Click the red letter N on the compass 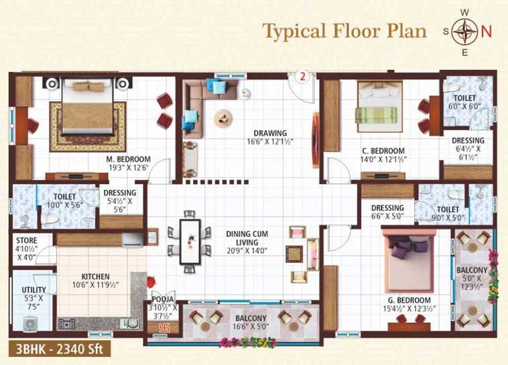pyautogui.click(x=486, y=32)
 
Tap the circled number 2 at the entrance pyautogui.click(x=303, y=76)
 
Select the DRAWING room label pyautogui.click(x=270, y=133)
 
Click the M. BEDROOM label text pyautogui.click(x=128, y=159)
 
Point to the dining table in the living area pyautogui.click(x=190, y=242)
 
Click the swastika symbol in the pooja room pyautogui.click(x=164, y=327)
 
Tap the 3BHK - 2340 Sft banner pyautogui.click(x=60, y=349)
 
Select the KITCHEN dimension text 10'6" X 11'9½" pyautogui.click(x=95, y=285)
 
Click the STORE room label pyautogui.click(x=27, y=240)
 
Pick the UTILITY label pyautogui.click(x=34, y=289)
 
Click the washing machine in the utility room pyautogui.click(x=29, y=323)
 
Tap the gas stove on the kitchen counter pyautogui.click(x=66, y=323)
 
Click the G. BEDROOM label pyautogui.click(x=409, y=300)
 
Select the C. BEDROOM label pyautogui.click(x=383, y=151)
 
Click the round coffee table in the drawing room pyautogui.click(x=223, y=118)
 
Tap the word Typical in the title pyautogui.click(x=294, y=32)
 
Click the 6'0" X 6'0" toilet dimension pyautogui.click(x=464, y=106)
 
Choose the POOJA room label pyautogui.click(x=163, y=299)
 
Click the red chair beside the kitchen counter pyautogui.click(x=151, y=282)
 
